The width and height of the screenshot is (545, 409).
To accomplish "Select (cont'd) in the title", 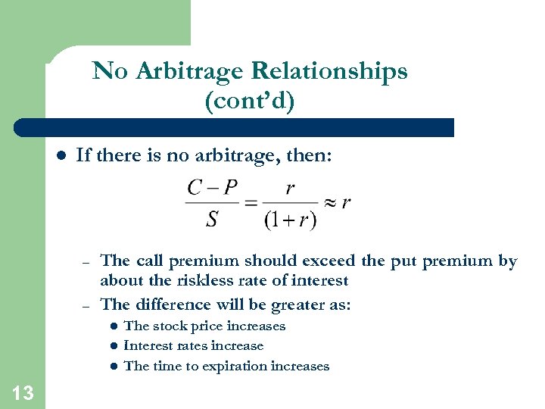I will pyautogui.click(x=249, y=101).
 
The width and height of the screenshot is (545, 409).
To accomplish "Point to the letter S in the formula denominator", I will pyautogui.click(x=212, y=219).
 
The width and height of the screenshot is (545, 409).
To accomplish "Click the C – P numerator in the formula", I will pyautogui.click(x=212, y=188).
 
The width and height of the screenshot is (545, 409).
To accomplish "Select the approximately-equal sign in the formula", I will pyautogui.click(x=330, y=203).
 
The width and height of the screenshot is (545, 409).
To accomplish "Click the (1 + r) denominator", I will pyautogui.click(x=290, y=220).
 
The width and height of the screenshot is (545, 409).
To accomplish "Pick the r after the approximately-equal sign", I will pyautogui.click(x=346, y=203).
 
